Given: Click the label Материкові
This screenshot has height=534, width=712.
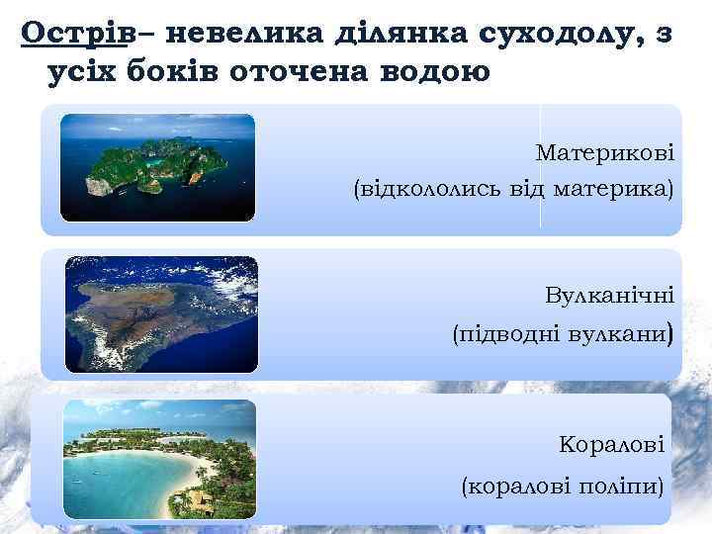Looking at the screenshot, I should click(604, 153).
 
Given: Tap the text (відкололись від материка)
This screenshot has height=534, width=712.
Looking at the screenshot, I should click(513, 188).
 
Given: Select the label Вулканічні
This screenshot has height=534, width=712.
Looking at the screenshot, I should click(609, 296).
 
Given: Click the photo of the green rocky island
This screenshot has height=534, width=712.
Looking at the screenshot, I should click(157, 166).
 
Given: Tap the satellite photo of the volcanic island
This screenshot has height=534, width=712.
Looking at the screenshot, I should click(161, 313).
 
